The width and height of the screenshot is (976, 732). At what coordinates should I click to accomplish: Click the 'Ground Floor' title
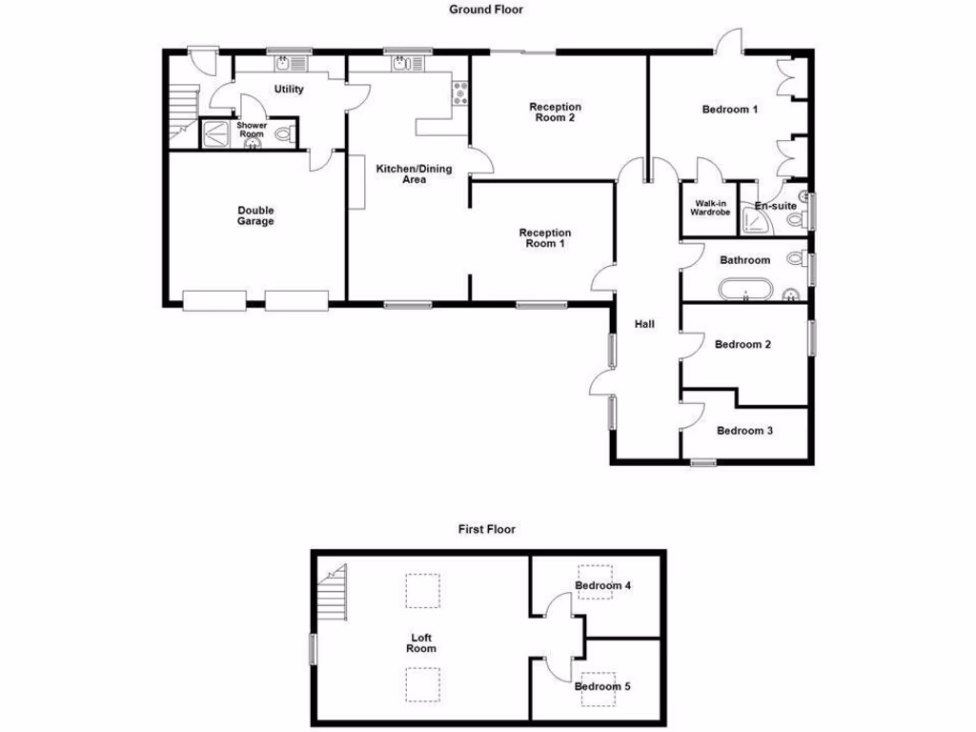pyautogui.click(x=487, y=10)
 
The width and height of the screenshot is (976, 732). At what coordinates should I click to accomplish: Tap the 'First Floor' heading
pyautogui.click(x=487, y=529)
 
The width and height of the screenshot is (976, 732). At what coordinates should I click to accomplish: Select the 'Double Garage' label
pyautogui.click(x=255, y=215)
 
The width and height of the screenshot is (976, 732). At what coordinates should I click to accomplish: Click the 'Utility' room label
pyautogui.click(x=289, y=90)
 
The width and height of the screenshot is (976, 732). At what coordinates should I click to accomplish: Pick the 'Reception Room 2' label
pyautogui.click(x=556, y=112)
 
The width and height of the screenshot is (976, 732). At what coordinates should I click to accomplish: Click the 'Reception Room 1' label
pyautogui.click(x=545, y=237)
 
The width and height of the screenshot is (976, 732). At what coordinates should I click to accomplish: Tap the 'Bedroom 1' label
pyautogui.click(x=730, y=110)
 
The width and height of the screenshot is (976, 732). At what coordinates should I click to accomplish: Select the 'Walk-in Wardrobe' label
pyautogui.click(x=710, y=208)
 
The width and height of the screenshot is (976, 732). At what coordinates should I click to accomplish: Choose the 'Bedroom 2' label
pyautogui.click(x=742, y=344)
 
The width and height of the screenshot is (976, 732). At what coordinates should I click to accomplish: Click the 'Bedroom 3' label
pyautogui.click(x=744, y=431)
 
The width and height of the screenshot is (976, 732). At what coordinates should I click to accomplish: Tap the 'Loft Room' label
pyautogui.click(x=421, y=642)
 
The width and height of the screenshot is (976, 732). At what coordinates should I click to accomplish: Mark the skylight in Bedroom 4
pyautogui.click(x=594, y=581)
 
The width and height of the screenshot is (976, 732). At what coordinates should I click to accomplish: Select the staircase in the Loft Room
pyautogui.click(x=335, y=597)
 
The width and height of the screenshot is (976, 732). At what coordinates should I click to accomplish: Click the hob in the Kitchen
pyautogui.click(x=461, y=93)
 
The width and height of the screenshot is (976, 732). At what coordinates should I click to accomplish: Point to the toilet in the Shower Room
pyautogui.click(x=282, y=135)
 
